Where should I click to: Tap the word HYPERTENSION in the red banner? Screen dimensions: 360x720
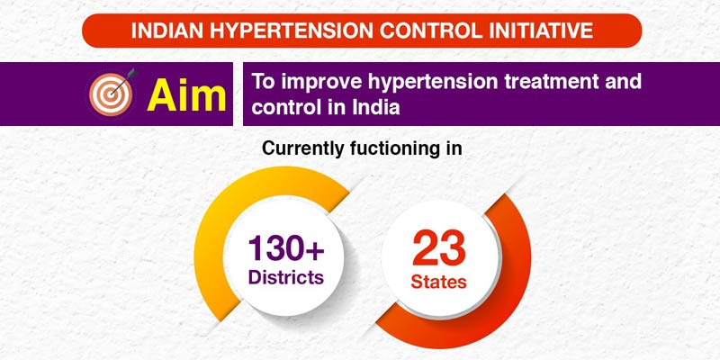click(288, 31)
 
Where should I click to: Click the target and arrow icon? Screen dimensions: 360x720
click(111, 94)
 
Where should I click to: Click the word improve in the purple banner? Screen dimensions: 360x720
click(310, 83)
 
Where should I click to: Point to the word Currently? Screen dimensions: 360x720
click(303, 149)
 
